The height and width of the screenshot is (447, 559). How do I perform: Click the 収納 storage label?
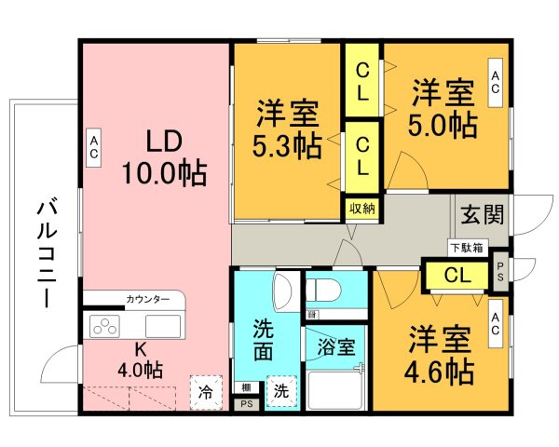(x=362, y=208)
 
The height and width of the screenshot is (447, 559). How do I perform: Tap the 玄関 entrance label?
(x=482, y=215)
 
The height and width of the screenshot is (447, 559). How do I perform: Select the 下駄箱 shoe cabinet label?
(x=465, y=248)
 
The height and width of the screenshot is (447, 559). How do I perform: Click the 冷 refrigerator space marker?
(x=206, y=392)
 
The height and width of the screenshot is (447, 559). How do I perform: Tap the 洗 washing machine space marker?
(x=280, y=392)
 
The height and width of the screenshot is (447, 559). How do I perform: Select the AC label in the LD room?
(x=94, y=148)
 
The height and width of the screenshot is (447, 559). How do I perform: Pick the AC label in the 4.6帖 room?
(x=496, y=322)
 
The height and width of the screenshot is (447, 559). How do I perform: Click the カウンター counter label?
(x=148, y=300)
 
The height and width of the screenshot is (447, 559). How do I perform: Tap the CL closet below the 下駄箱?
(x=456, y=276)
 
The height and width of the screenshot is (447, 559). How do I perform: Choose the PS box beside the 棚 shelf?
(x=246, y=404)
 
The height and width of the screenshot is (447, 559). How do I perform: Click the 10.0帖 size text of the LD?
(x=163, y=172)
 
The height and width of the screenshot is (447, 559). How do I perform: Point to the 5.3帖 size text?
(x=288, y=146)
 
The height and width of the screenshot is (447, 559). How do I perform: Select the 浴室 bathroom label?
(x=336, y=347)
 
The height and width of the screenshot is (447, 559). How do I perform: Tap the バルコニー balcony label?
(x=44, y=253)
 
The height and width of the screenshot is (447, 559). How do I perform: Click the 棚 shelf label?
(x=246, y=387)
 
